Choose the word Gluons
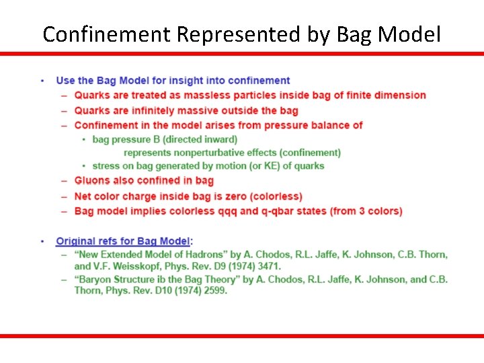click(x=92, y=180)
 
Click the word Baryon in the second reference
click(x=98, y=279)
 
